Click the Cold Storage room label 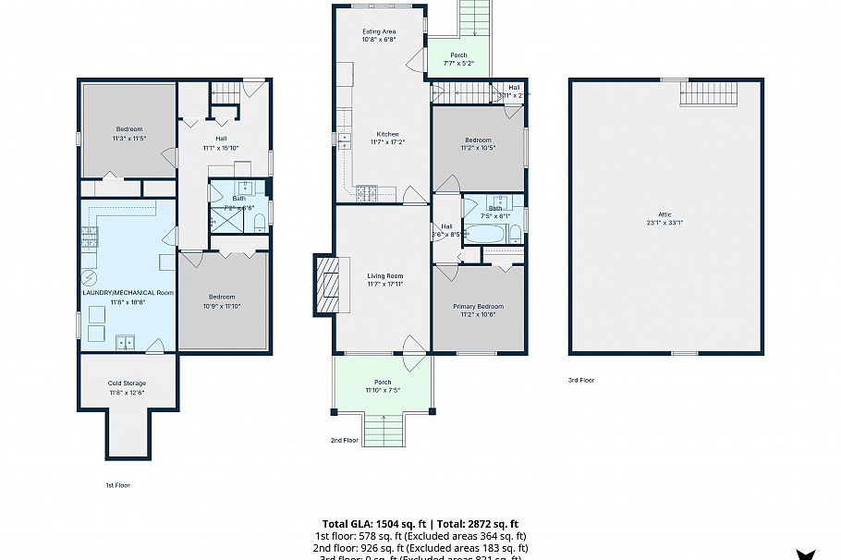(127, 383)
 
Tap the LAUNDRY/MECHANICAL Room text (127, 292)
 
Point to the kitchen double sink (345, 141)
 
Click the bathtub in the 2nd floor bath (484, 234)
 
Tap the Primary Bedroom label (478, 306)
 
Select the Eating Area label (378, 31)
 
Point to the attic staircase (709, 93)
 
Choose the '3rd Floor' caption (581, 380)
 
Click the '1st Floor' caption (116, 484)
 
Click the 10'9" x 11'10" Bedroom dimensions (224, 306)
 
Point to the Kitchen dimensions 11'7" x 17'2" (381, 142)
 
